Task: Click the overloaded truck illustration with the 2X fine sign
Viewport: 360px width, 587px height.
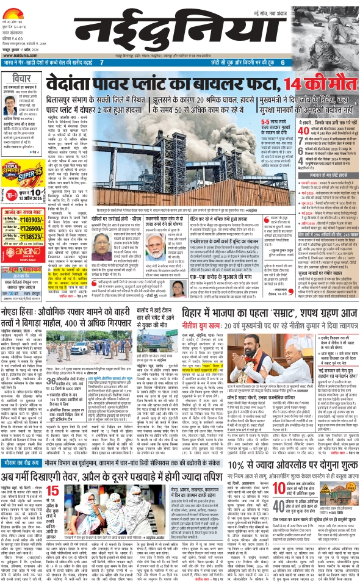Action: [333, 494]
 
